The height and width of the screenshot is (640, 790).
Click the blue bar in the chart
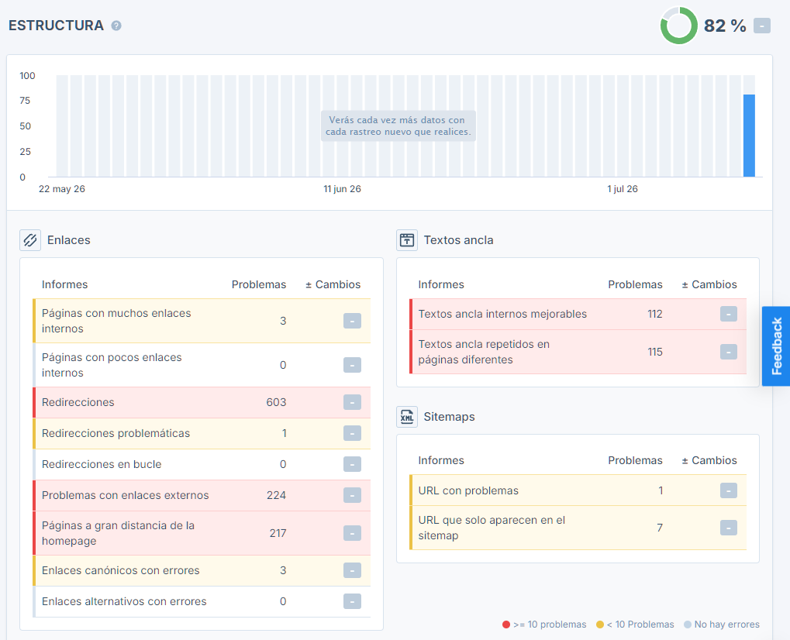coord(749,136)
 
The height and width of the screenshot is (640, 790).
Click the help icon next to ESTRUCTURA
coord(116,26)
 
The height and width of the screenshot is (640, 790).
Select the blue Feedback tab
coord(776,346)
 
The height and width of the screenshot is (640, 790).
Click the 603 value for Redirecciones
coord(276,402)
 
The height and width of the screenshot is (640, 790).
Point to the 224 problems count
coord(276,495)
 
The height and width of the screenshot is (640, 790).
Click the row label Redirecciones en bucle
coord(102,464)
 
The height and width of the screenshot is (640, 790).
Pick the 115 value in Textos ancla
coord(655,352)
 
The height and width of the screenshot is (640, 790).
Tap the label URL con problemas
coord(468,490)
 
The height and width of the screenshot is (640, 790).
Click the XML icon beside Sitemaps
coord(406,417)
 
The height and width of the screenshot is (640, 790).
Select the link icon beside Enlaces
coord(30,240)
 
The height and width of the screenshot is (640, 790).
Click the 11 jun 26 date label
coord(342,189)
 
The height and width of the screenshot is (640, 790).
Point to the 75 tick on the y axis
coord(25,101)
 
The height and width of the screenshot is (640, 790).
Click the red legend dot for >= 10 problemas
coord(506,625)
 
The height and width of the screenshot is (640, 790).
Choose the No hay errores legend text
coord(726,625)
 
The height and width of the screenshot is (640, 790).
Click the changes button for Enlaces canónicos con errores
coord(352,570)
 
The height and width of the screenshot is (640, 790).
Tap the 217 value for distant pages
coord(278,533)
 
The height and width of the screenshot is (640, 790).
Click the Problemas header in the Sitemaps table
coord(635,460)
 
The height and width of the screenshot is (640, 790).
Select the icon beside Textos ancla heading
coord(406,240)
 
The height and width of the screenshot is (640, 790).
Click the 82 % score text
coord(725,26)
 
